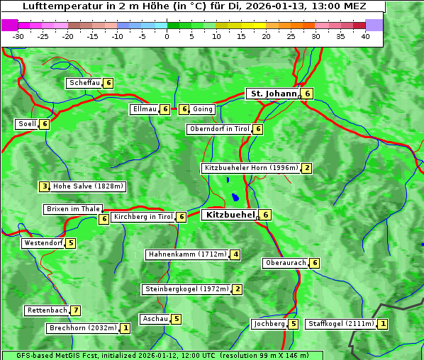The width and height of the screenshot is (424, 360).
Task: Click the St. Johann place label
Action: (x=273, y=94)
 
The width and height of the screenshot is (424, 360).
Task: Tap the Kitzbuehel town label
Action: (x=230, y=215)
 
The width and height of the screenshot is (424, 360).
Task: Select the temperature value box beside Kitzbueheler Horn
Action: (x=306, y=168)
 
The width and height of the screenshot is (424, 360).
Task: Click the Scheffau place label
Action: (x=84, y=83)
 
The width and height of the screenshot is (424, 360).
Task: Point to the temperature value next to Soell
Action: (x=45, y=124)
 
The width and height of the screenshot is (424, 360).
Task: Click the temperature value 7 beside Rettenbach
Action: (x=76, y=310)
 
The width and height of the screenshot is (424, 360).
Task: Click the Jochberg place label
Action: (x=269, y=324)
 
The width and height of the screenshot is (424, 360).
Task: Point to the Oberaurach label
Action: (x=286, y=263)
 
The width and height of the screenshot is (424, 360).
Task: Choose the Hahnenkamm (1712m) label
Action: (x=187, y=254)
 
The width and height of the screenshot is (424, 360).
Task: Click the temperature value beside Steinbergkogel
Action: (x=238, y=289)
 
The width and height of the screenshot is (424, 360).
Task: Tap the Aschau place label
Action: (x=155, y=319)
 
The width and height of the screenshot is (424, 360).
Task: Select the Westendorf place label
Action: (x=43, y=243)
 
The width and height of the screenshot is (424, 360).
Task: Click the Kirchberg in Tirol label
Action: (x=143, y=217)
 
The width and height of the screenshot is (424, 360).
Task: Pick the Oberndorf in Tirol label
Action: (x=220, y=129)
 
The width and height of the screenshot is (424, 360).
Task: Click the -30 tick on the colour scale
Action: (x=18, y=36)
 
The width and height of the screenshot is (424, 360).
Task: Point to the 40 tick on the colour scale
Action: (x=365, y=36)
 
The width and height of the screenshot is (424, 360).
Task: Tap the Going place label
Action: (x=203, y=109)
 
